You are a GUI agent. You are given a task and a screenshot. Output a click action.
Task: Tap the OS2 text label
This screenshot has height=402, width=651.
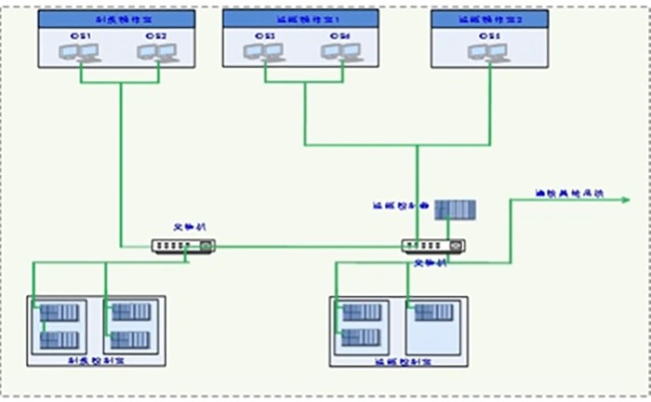coord(155,35)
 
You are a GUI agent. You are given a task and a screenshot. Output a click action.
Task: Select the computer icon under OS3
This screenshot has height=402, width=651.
coord(266,52)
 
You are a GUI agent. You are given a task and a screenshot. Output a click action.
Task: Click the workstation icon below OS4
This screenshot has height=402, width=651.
coord(336,52)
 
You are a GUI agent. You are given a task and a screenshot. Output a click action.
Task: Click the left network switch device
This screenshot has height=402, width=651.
coord(183,246)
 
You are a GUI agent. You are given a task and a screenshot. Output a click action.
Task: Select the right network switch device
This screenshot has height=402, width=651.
coord(432,246)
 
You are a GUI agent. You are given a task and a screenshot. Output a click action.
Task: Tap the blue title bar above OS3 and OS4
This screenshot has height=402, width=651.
coord(300,19)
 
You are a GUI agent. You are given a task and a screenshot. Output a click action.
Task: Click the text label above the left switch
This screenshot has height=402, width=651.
coord(186,228)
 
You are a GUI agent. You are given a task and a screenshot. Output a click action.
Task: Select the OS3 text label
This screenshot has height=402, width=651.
coord(268,35)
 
